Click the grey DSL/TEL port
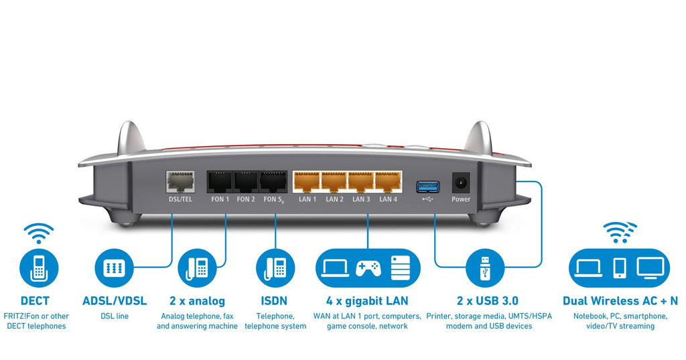pyautogui.click(x=179, y=182)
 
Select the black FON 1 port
pyautogui.click(x=219, y=182)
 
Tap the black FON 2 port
pyautogui.click(x=246, y=182)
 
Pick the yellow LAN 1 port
pyautogui.click(x=307, y=182)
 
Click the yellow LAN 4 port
pyautogui.click(x=389, y=182)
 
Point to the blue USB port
pyautogui.click(x=427, y=184)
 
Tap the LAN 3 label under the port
pyautogui.click(x=361, y=199)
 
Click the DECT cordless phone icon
pyautogui.click(x=38, y=266)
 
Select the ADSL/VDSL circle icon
pyautogui.click(x=114, y=267)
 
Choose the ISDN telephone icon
pyautogui.click(x=275, y=267)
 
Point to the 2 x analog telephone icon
pyautogui.click(x=197, y=267)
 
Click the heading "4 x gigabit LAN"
pyautogui.click(x=367, y=301)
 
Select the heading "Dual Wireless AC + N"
pyautogui.click(x=620, y=301)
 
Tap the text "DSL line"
pyautogui.click(x=114, y=316)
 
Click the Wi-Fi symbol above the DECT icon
pyautogui.click(x=38, y=233)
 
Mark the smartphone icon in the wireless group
pyautogui.click(x=620, y=267)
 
